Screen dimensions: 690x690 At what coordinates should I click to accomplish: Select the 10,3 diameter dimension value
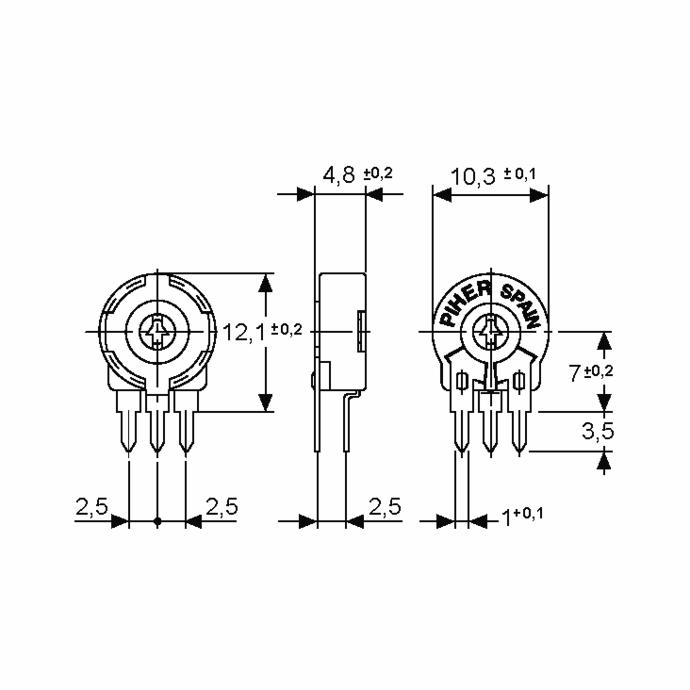tap(473, 177)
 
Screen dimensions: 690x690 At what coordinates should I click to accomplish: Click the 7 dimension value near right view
tap(575, 373)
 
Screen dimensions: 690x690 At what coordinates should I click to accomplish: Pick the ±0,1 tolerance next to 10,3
tap(520, 174)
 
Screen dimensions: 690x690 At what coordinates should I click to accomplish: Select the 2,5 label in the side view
tap(385, 506)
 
